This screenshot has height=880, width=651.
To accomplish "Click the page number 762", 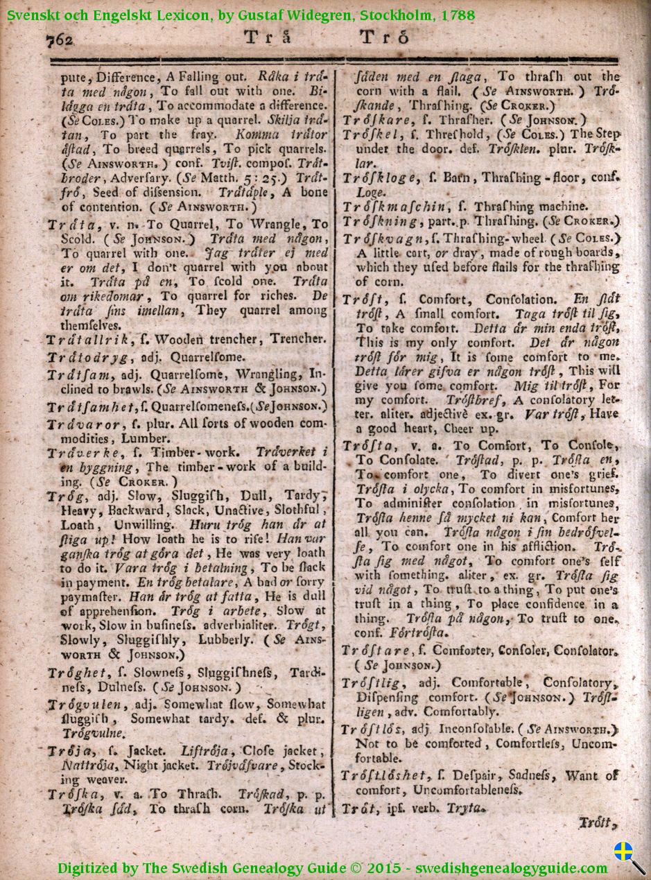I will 60,40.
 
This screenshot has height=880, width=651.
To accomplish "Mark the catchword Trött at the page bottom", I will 597,823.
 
